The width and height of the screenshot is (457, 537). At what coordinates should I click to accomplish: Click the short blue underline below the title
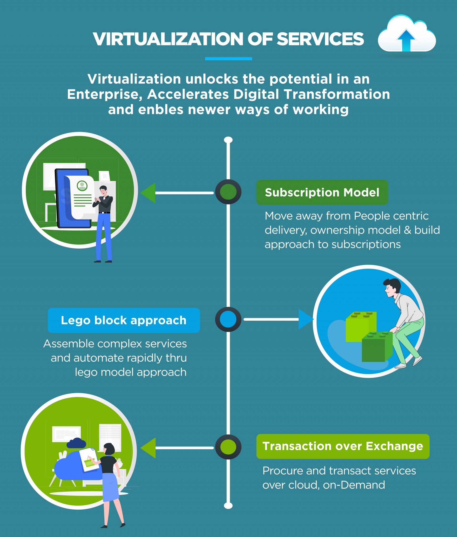tap(228, 59)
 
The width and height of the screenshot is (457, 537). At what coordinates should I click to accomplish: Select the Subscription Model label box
tap(322, 192)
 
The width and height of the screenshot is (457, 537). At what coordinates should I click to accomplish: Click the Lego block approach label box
tap(124, 320)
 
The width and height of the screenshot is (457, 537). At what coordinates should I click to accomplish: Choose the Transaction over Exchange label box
tap(343, 446)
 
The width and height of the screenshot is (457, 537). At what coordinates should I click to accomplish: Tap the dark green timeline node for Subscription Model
tap(228, 192)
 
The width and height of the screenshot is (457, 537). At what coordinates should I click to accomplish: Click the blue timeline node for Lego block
tap(228, 319)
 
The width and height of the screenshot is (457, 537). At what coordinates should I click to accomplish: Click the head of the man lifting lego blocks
tap(392, 288)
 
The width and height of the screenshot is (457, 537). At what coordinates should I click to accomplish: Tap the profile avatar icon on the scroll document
tap(82, 186)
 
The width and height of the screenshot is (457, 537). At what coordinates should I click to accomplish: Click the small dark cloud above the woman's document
tap(76, 443)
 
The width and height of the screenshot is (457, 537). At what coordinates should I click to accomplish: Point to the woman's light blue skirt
tap(110, 487)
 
